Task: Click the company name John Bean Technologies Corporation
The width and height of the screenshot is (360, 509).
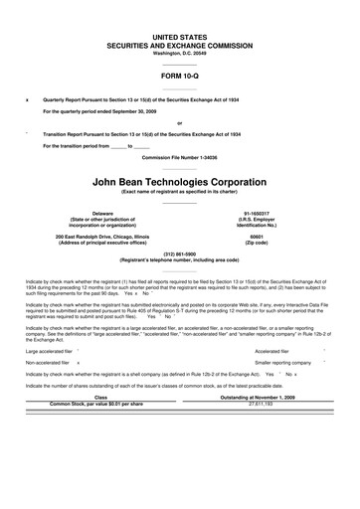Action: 179,183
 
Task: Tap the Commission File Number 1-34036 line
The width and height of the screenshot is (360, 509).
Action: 179,159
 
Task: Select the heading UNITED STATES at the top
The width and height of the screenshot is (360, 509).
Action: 179,35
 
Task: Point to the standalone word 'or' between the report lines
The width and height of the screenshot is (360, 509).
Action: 179,122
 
